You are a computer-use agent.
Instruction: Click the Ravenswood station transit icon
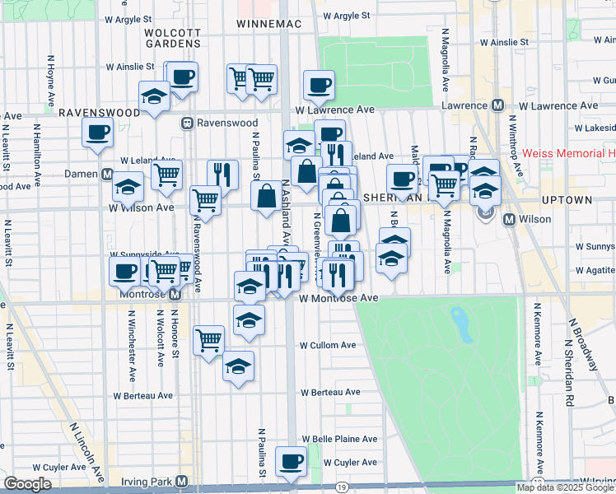[188, 123]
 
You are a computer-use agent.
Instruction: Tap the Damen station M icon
[107, 175]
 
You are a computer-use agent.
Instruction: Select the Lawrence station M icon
[497, 105]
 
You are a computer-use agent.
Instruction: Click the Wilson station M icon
[509, 220]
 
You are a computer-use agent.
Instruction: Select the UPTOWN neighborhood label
[567, 200]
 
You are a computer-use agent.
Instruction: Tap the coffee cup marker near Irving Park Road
[290, 462]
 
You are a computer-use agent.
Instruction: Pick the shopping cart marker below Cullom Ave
[209, 338]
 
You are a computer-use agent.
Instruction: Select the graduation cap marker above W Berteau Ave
[238, 365]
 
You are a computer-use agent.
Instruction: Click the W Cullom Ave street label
[328, 345]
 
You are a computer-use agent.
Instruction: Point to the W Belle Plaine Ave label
[339, 439]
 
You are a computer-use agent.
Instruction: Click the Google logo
[28, 484]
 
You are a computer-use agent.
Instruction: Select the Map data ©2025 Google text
[565, 487]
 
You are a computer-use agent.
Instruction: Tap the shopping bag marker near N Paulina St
[267, 198]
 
